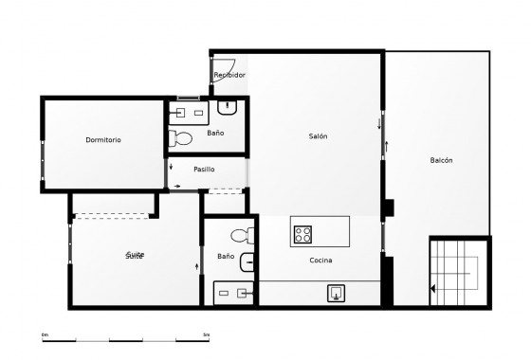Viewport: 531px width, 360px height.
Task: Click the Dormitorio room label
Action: point(103,140)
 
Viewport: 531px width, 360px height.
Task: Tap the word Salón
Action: point(319,136)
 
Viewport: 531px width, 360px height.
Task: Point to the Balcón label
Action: point(441,160)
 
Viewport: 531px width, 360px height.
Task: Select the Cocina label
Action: point(320,261)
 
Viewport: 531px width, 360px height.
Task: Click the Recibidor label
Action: point(229,75)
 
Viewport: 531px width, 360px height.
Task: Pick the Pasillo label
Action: point(204,169)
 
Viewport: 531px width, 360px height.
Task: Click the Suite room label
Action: point(136,256)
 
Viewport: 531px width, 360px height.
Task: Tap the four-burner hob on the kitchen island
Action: point(303,232)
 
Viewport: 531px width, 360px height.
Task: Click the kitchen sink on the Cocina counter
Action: point(337,293)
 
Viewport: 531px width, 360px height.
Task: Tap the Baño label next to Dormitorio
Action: point(215,134)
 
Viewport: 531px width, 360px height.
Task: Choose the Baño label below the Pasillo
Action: point(225,256)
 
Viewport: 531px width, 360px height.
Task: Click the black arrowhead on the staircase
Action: point(432,289)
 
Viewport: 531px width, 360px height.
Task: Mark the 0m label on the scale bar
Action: point(45,334)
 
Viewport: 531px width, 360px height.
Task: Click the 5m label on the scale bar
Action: point(207,334)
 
